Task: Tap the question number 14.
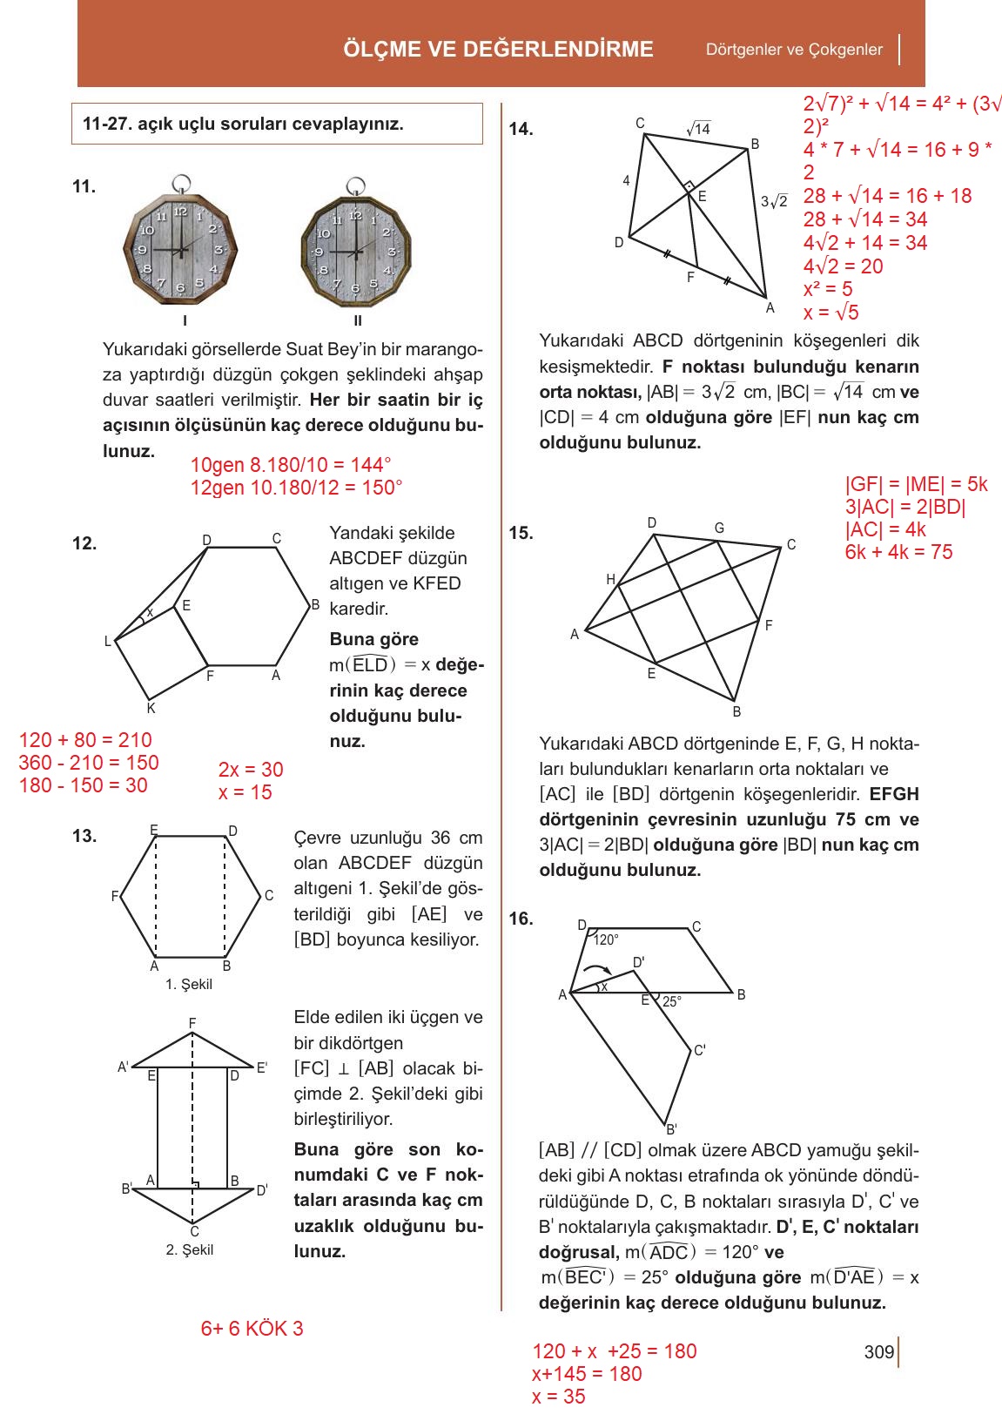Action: point(521,130)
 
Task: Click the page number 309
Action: point(879,1352)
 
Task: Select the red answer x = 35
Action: point(558,1397)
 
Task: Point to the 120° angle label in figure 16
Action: point(606,940)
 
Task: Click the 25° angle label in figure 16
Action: point(671,1002)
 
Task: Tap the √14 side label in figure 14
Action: point(698,129)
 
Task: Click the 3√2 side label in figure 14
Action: point(774,201)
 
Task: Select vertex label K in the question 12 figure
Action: point(151,709)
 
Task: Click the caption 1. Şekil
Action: point(189,984)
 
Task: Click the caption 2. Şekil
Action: point(190,1249)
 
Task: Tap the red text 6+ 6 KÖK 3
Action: point(252,1329)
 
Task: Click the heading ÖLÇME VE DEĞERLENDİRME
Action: point(498,50)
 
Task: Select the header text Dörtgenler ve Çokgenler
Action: point(794,50)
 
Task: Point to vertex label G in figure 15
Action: point(719,528)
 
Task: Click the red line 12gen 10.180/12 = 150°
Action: point(296,488)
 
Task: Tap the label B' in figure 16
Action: point(671,1129)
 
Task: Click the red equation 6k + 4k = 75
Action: point(898,552)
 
